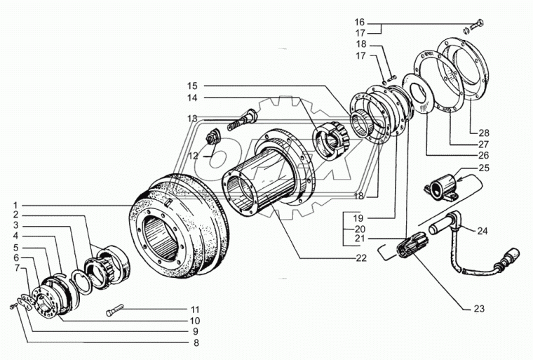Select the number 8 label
[196, 342]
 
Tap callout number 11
[196, 309]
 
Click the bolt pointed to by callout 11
[116, 310]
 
